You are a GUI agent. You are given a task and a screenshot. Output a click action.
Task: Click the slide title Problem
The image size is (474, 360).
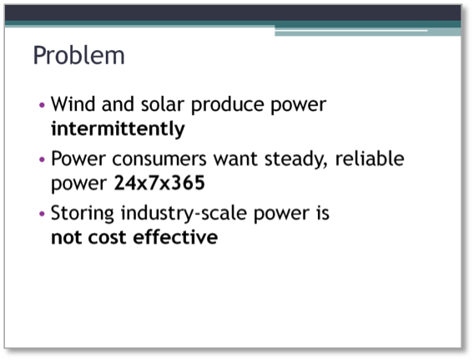78,55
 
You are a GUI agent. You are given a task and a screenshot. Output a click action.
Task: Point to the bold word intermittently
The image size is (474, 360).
118,129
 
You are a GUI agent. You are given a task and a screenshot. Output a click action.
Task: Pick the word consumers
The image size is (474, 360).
159,160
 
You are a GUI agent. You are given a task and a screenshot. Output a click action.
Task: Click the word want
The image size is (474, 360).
236,160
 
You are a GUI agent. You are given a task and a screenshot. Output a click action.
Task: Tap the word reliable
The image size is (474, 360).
370,159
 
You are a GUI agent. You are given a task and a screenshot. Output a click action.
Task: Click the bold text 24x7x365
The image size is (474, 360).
159,183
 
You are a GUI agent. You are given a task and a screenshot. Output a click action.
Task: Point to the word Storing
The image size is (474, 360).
83,214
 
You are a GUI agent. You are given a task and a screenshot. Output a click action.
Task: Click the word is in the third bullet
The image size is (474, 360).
323,213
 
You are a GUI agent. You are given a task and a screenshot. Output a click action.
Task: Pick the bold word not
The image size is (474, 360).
66,237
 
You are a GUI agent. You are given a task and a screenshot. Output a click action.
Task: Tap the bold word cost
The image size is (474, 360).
107,237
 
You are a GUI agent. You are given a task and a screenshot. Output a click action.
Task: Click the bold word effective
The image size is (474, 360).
175,237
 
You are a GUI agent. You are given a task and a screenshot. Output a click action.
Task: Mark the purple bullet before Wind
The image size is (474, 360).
42,105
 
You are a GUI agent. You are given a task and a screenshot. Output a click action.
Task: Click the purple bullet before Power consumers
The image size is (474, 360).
42,160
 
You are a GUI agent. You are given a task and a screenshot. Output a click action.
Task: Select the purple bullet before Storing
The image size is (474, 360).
42,214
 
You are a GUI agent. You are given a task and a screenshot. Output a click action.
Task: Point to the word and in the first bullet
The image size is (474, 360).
118,104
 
